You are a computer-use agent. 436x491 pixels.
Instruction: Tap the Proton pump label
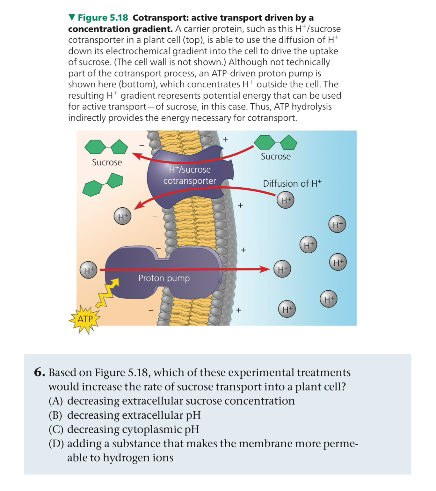coord(164,278)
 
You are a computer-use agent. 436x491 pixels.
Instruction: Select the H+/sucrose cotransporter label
coord(190,175)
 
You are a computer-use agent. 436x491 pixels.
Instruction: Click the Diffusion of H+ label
coord(292,183)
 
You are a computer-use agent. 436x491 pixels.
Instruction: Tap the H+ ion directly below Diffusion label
coord(286,200)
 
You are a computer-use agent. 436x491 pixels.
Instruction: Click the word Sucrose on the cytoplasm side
coord(107,162)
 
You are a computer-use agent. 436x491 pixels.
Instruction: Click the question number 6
coord(39,372)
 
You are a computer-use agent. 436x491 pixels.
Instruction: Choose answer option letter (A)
coord(55,401)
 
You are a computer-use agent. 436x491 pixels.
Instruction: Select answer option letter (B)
coord(55,415)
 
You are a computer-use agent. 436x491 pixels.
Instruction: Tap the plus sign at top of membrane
coord(225,139)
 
